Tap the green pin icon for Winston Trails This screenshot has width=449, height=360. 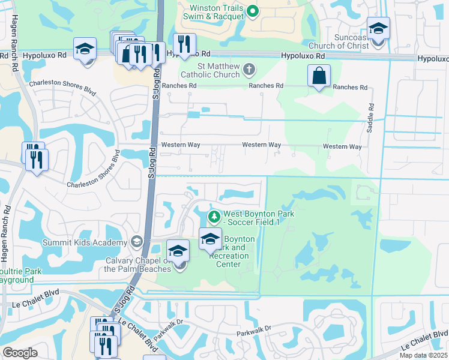point(253,10)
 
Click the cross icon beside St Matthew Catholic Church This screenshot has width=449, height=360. point(249,70)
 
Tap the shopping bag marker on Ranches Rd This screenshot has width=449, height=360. point(319,76)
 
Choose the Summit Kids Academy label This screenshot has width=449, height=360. point(84,242)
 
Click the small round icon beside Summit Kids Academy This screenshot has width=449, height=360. point(136,242)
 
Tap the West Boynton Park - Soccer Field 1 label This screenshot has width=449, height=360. point(252,218)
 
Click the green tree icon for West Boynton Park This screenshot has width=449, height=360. point(212,216)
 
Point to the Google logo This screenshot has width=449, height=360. point(20,353)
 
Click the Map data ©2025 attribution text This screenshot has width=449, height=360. point(423,355)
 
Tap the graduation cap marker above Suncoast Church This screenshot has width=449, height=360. point(378,29)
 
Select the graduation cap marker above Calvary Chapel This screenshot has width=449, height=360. point(178,252)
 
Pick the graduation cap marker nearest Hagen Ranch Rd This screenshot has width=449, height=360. point(85,49)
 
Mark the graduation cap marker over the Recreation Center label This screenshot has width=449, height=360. point(209,240)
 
